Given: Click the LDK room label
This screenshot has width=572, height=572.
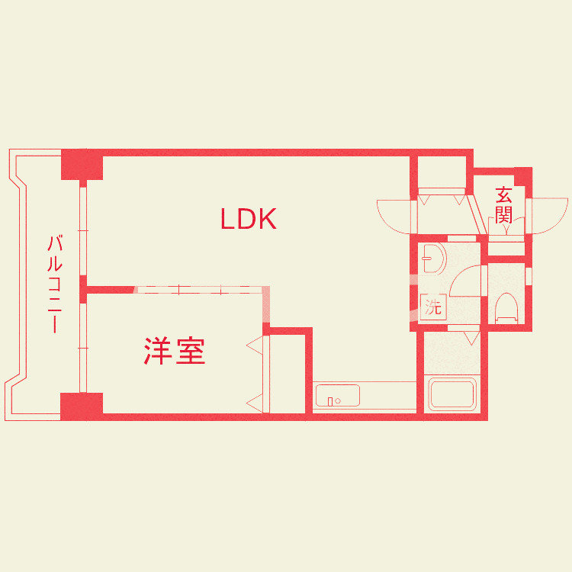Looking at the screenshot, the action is click(248, 220).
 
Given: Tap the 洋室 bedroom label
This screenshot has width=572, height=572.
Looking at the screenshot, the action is click(175, 352).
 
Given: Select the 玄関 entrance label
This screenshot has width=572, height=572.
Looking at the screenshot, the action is click(503, 204).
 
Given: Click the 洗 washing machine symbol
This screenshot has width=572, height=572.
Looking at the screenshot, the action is click(433, 308).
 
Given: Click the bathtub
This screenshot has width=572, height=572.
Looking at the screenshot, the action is click(454, 395).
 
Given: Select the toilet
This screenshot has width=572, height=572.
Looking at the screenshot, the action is click(506, 308).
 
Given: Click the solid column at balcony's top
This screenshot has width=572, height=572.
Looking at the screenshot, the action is click(82, 165).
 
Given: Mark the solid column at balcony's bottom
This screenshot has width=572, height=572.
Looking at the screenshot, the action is click(82, 406).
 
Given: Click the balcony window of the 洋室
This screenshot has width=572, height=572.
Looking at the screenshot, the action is click(85, 348).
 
